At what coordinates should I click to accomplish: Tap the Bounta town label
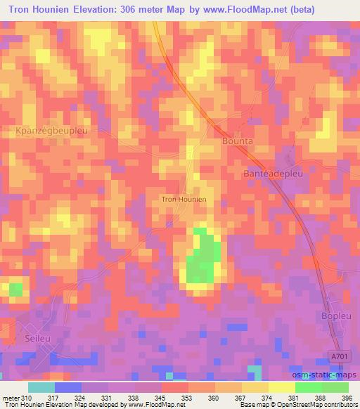coord(228,141)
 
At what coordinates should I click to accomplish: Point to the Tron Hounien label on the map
coord(184,200)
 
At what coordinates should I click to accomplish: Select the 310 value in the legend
coord(27,398)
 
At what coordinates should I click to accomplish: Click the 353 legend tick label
coord(188,398)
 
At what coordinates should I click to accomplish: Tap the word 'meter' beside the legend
coord(10,398)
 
